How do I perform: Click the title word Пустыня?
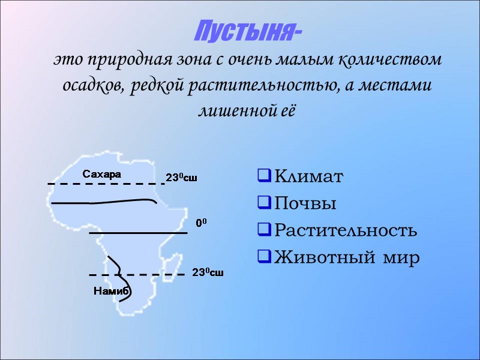coord(248,31)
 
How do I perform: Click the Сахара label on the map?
coord(101,175)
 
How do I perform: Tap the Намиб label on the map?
coord(112,291)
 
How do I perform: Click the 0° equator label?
coord(202,223)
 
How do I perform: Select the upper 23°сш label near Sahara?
coord(181,178)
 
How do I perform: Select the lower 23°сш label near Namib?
coord(208,273)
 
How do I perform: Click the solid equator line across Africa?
coord(138,233)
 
